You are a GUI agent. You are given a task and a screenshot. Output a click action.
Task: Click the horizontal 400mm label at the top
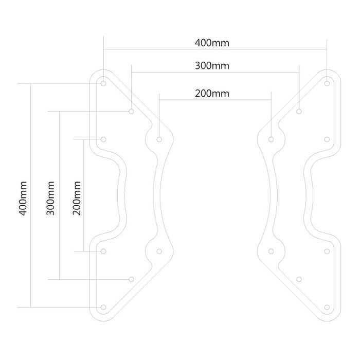[212, 43]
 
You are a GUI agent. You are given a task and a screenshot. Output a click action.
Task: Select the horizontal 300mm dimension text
[212, 66]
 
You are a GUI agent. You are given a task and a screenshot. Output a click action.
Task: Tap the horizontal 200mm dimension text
[212, 94]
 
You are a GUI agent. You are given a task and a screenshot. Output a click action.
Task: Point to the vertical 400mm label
[22, 196]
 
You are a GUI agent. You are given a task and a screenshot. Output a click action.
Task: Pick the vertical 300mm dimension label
[50, 196]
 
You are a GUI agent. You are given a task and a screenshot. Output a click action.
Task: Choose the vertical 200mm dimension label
[78, 196]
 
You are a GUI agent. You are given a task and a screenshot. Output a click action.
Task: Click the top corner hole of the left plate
[103, 82]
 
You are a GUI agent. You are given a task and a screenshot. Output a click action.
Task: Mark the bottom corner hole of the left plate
[103, 307]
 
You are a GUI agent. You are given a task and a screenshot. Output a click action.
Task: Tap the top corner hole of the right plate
[328, 81]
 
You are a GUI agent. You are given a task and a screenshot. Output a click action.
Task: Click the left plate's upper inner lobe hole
[159, 138]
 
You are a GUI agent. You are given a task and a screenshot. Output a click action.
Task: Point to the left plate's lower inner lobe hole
[159, 251]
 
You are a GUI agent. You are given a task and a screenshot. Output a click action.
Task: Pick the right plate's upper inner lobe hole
[272, 138]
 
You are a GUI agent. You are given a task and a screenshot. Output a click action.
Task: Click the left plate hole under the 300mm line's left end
[131, 111]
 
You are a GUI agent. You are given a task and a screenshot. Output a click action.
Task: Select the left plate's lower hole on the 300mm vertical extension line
[131, 279]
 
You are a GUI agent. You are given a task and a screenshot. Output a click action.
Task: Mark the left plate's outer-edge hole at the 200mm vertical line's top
[103, 139]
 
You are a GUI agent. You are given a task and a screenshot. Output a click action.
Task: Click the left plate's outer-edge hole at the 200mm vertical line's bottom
[103, 251]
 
